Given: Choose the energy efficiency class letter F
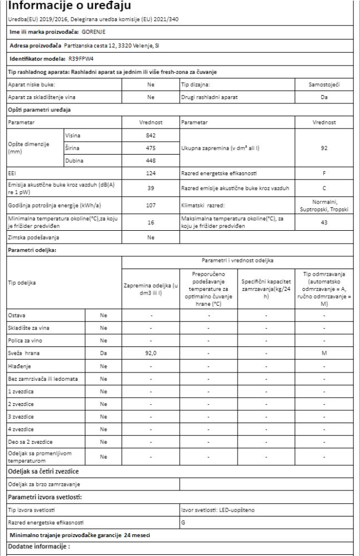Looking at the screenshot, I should [x=324, y=173].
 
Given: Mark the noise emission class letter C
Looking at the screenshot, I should [x=324, y=188].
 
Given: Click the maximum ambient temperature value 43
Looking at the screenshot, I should [x=324, y=222].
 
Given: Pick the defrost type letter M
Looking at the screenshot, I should [x=324, y=352].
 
